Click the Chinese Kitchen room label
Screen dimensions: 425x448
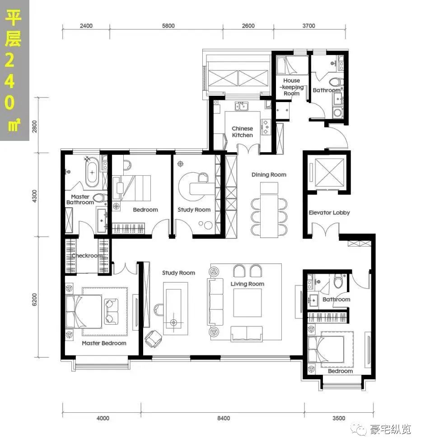tap(242, 132)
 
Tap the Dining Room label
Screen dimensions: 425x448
tap(269, 175)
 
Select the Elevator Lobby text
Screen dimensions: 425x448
tap(329, 213)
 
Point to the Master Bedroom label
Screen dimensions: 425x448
tap(104, 343)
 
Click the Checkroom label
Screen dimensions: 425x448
tap(87, 256)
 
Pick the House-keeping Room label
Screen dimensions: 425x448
tap(291, 87)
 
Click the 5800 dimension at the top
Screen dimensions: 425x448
tap(168, 26)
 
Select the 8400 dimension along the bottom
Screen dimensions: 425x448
tap(224, 418)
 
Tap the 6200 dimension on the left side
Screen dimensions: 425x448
tap(35, 299)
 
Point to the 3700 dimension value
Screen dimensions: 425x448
tap(308, 26)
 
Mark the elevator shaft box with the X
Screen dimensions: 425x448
tap(329, 172)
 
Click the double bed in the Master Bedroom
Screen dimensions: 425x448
tap(84, 312)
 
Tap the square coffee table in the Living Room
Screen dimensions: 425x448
tap(248, 303)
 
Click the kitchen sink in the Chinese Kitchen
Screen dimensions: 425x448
tap(242, 106)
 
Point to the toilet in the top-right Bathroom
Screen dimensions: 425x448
tap(336, 82)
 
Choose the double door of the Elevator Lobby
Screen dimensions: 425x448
tap(326, 230)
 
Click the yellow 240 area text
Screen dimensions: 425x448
tap(9, 81)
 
